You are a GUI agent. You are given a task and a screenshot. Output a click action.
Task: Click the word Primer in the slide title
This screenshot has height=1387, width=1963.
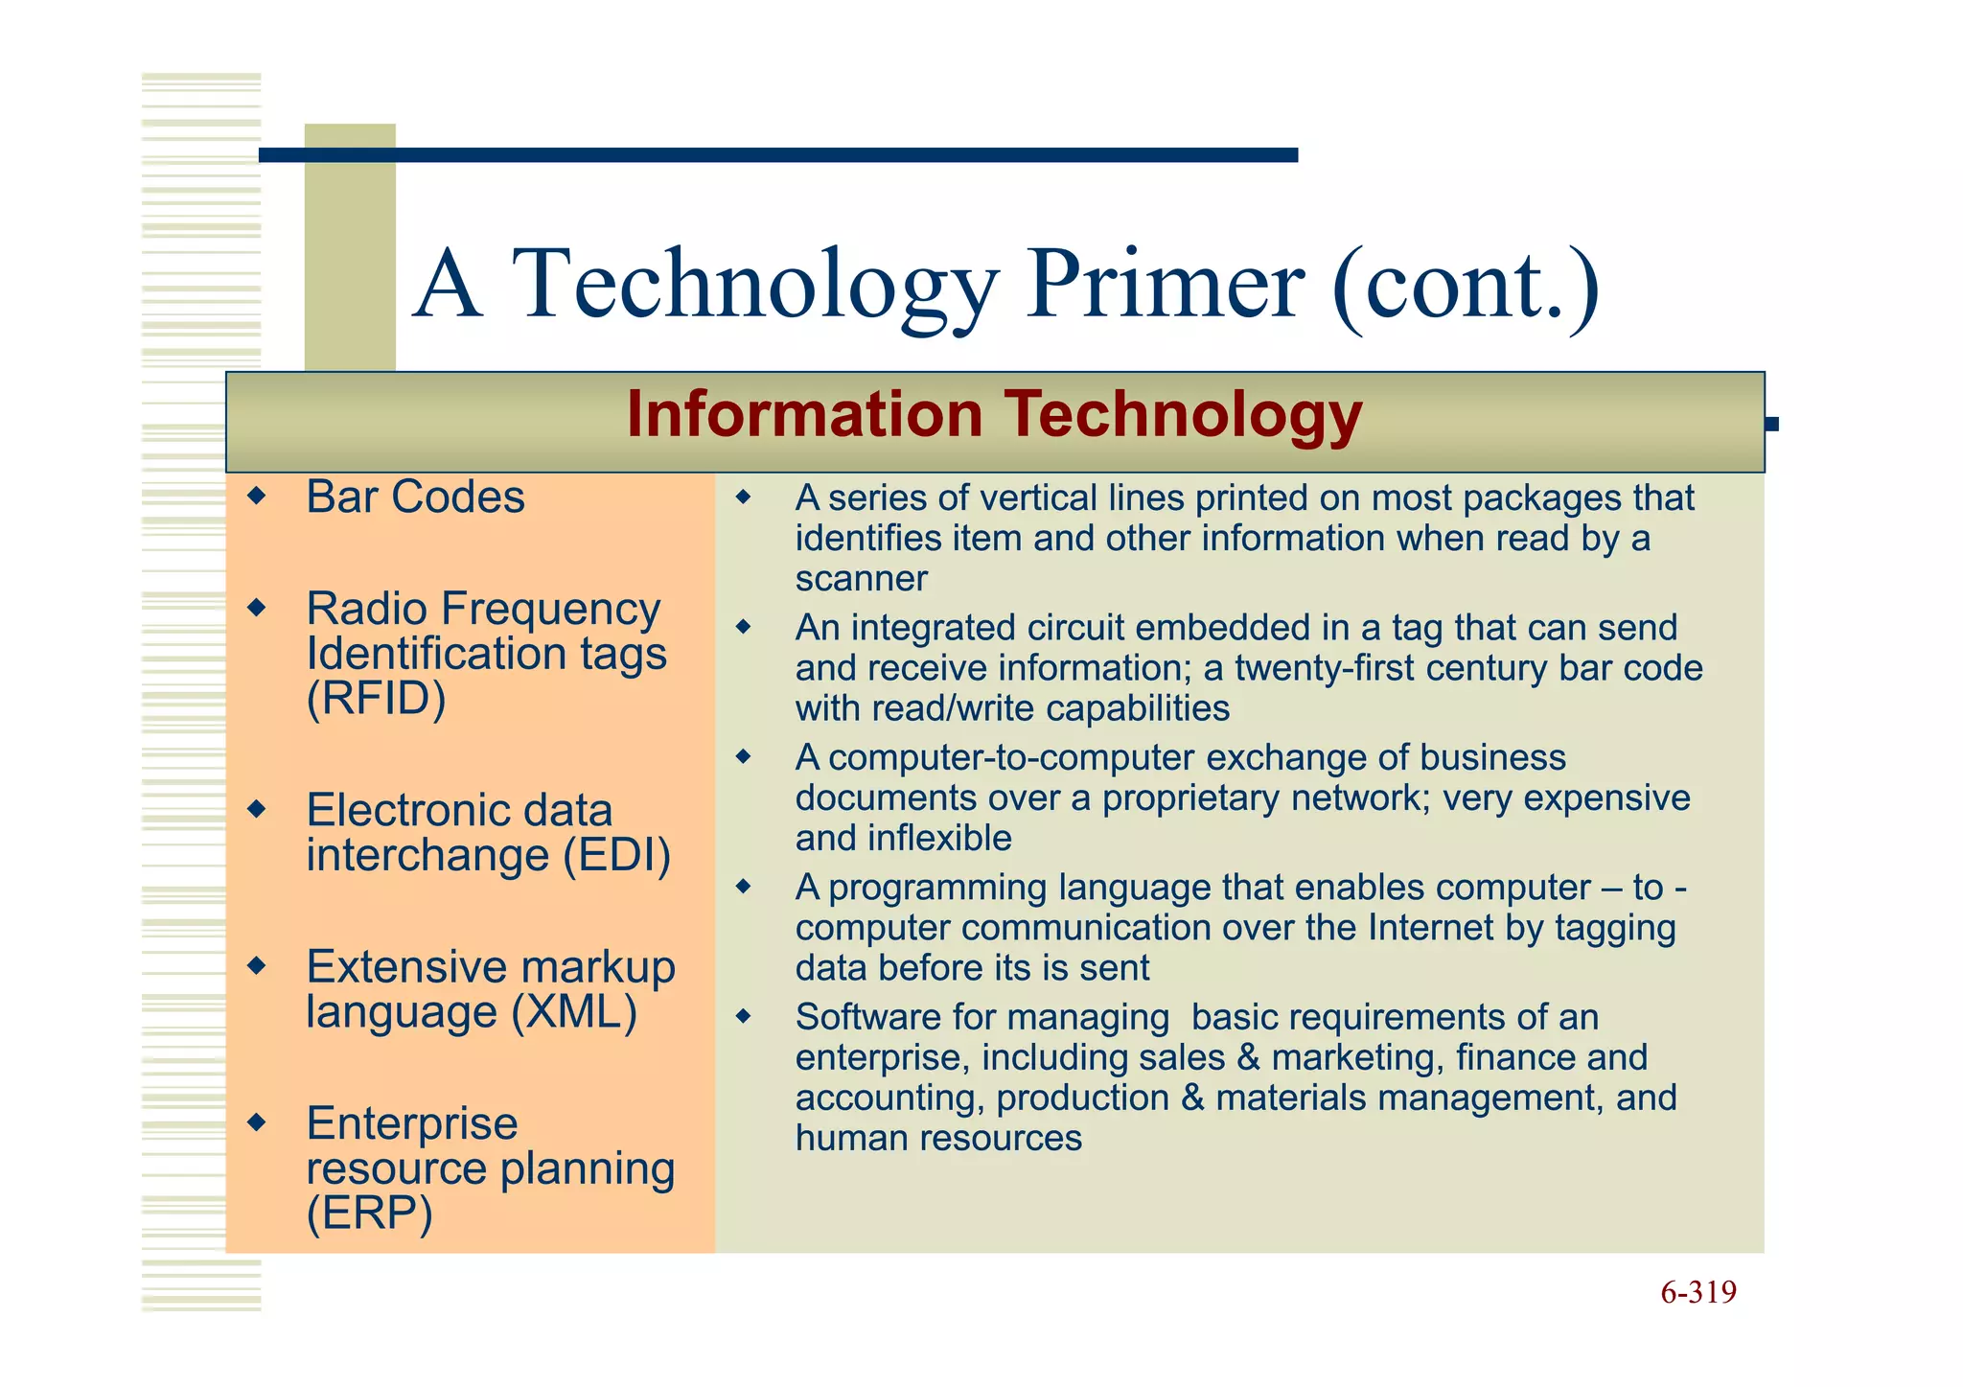pyautogui.click(x=1165, y=284)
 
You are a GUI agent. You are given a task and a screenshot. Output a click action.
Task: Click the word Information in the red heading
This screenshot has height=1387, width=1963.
pyautogui.click(x=804, y=415)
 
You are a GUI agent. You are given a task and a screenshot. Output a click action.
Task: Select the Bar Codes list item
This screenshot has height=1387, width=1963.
pyautogui.click(x=415, y=497)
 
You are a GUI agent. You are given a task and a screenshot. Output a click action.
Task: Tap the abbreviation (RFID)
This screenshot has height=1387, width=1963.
pyautogui.click(x=376, y=698)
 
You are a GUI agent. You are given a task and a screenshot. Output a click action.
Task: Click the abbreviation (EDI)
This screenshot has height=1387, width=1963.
pyautogui.click(x=616, y=855)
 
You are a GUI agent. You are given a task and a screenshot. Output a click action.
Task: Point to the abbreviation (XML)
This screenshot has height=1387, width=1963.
pyautogui.click(x=573, y=1012)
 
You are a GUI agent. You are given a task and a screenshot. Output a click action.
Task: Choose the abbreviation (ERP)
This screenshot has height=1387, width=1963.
pyautogui.click(x=369, y=1214)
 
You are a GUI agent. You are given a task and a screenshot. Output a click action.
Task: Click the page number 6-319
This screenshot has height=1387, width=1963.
pyautogui.click(x=1697, y=1292)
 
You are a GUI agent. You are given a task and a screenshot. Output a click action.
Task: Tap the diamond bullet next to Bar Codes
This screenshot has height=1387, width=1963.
pyautogui.click(x=256, y=497)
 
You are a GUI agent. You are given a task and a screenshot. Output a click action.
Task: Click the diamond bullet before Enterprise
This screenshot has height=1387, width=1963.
pyautogui.click(x=256, y=1121)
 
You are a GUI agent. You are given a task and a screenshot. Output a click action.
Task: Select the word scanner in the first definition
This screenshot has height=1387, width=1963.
pyautogui.click(x=861, y=579)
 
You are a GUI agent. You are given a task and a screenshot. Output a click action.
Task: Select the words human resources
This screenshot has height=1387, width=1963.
pyautogui.click(x=938, y=1138)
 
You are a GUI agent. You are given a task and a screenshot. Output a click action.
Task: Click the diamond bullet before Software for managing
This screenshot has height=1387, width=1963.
pyautogui.click(x=744, y=1016)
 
